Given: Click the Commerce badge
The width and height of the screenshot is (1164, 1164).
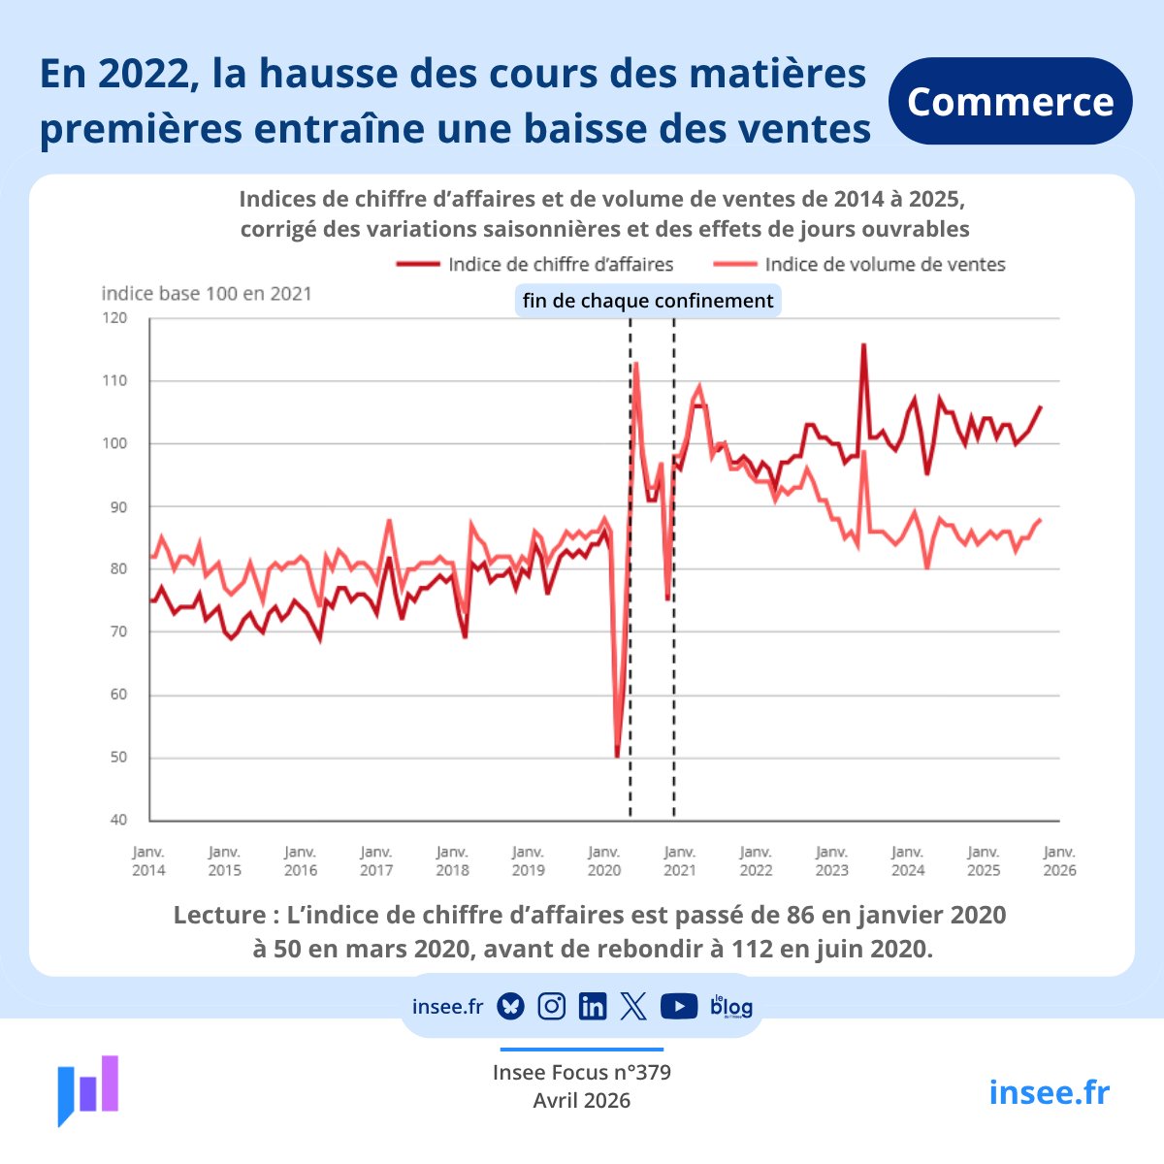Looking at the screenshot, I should coord(1010,102).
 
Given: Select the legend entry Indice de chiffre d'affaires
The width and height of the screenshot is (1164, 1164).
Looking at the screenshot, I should coord(535,264).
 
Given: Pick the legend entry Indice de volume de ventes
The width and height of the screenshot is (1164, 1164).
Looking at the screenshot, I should coord(859,264).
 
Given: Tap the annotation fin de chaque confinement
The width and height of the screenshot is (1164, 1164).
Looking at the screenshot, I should coord(648,301).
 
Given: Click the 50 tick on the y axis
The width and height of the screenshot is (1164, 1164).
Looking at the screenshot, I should coord(117,758).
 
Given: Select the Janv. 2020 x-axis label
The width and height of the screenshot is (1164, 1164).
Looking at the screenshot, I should coord(603,861).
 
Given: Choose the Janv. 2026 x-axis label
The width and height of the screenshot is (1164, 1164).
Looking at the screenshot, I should coord(1059,861).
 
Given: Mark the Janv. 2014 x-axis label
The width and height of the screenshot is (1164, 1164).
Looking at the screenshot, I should coord(148,861).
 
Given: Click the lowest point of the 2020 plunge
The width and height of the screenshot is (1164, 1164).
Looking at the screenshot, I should coord(617,756).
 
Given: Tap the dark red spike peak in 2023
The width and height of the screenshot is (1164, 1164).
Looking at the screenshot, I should coord(863,344).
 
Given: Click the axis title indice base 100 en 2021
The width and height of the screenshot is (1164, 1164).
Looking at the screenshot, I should coord(207,293).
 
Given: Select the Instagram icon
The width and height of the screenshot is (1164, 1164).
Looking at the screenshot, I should coord(552,1007).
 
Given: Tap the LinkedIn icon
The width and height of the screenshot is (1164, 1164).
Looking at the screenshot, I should coord(592,1007).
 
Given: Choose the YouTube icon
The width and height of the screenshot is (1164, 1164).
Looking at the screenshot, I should coord(678,1007).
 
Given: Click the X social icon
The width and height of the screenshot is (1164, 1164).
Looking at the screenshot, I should coord(633,1007).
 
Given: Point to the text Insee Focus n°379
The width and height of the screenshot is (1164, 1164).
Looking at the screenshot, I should coord(582,1073).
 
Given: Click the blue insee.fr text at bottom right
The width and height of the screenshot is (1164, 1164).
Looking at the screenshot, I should coord(1049,1092).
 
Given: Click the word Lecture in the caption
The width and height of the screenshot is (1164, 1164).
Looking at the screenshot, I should coord(219,915).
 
